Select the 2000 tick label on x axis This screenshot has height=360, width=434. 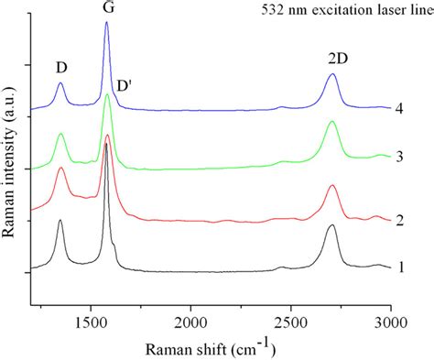point(190,322)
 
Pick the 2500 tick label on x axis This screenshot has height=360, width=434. point(290,322)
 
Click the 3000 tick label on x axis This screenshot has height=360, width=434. point(390,322)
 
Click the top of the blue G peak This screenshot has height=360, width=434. point(106,23)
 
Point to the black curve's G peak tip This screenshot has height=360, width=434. point(106,144)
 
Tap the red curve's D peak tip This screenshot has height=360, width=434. point(61,169)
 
